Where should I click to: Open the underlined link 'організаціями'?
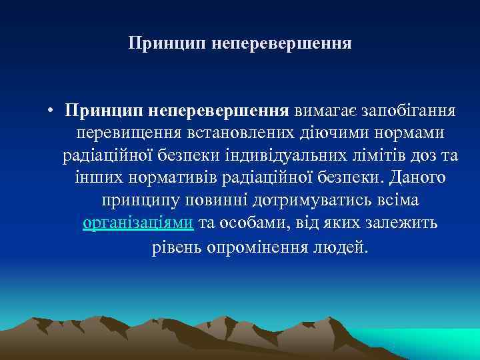coord(138,223)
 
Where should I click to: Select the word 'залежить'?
coord(406,223)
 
